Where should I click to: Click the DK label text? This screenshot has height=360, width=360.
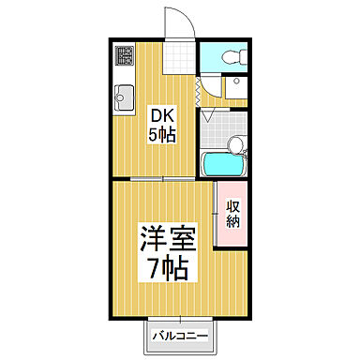click(162, 116)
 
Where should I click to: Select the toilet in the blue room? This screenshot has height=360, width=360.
click(234, 55)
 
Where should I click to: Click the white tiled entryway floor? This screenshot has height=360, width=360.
click(174, 59)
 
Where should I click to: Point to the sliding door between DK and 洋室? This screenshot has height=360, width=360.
click(150, 178)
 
